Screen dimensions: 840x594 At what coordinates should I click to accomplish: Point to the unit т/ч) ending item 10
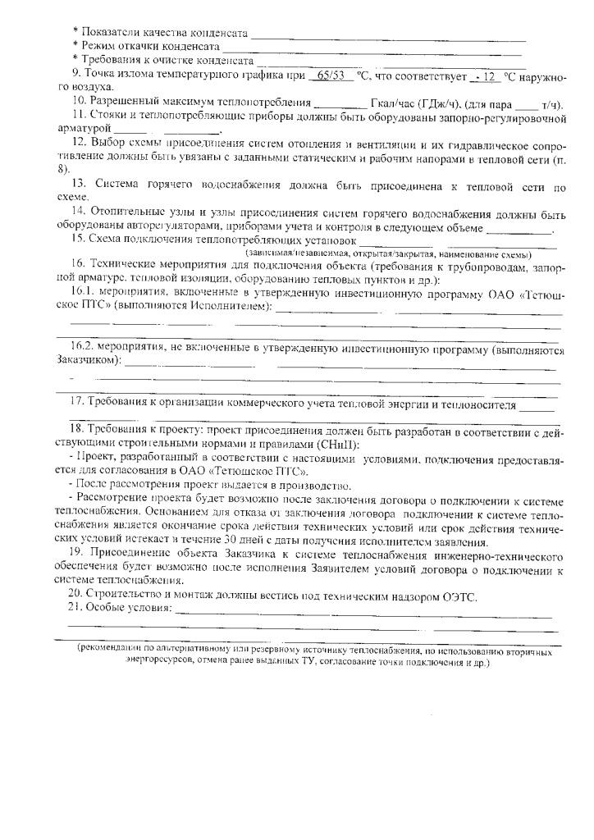(553, 103)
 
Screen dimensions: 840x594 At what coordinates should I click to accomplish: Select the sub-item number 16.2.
(85, 348)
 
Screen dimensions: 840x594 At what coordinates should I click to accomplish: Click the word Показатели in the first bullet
(108, 33)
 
